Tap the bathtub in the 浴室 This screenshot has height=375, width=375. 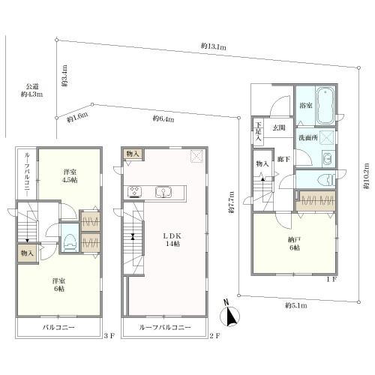[325, 106]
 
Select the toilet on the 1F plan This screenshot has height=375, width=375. [326, 180]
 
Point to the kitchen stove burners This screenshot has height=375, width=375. [135, 192]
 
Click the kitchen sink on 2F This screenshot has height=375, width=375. [163, 192]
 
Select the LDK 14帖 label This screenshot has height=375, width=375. [172, 239]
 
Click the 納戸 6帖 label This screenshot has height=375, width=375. [294, 244]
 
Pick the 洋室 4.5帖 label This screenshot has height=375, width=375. [70, 175]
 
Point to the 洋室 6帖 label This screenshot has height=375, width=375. [59, 284]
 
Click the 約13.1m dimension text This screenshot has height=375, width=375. [214, 46]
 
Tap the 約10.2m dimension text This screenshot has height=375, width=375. [366, 175]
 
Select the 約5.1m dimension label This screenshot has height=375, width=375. [296, 305]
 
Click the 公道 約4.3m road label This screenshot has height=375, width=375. [31, 90]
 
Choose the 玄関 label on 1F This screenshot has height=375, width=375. [278, 127]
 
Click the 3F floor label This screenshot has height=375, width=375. [109, 336]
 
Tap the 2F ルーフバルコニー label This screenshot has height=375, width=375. [165, 327]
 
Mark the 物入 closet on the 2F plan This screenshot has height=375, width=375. [133, 154]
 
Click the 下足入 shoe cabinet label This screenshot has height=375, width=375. [259, 131]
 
